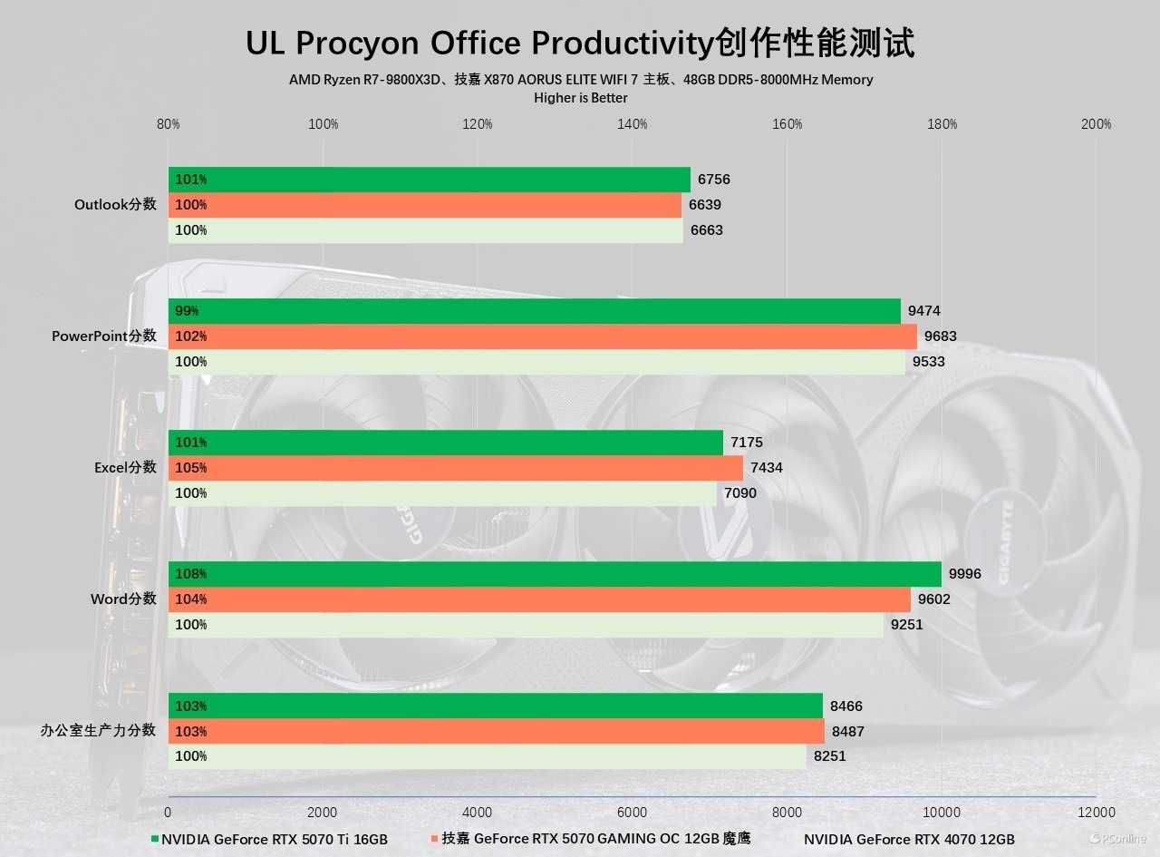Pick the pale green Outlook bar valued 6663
pyautogui.click(x=426, y=230)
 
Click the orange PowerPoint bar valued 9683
pyautogui.click(x=543, y=336)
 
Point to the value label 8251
pyautogui.click(x=829, y=755)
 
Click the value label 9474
pyautogui.click(x=923, y=311)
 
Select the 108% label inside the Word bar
pyautogui.click(x=191, y=574)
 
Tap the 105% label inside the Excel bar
pyautogui.click(x=191, y=468)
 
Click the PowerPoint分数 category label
pyautogui.click(x=104, y=336)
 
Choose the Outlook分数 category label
pyautogui.click(x=115, y=205)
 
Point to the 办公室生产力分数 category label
pyautogui.click(x=98, y=731)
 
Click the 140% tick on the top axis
pyautogui.click(x=633, y=124)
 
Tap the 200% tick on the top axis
pyautogui.click(x=1096, y=124)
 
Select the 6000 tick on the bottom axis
pyautogui.click(x=632, y=812)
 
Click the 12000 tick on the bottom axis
pyautogui.click(x=1096, y=812)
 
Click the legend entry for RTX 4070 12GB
pyautogui.click(x=909, y=839)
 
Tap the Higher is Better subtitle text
pyautogui.click(x=581, y=98)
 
